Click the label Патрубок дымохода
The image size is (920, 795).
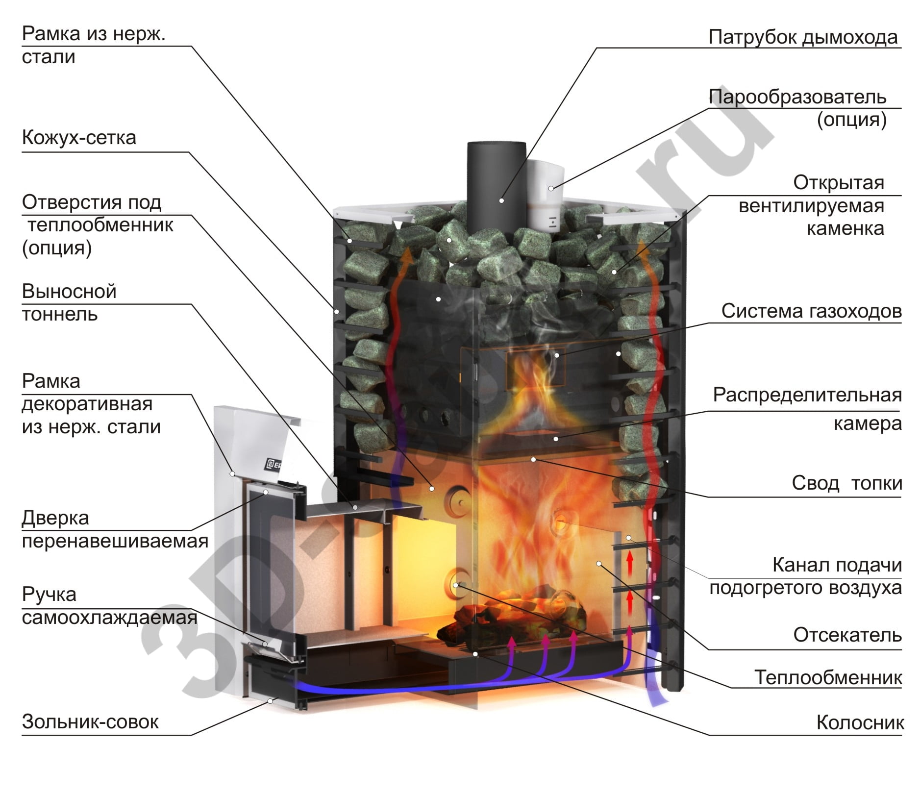802,37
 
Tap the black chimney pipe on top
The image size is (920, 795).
496,181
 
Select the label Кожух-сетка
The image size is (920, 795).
79,138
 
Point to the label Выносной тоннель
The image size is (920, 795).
69,302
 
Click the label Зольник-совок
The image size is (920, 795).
90,722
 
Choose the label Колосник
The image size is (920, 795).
860,723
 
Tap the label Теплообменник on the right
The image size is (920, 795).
828,677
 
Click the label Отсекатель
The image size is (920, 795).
847,635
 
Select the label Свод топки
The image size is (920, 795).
846,483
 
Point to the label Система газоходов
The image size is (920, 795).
811,311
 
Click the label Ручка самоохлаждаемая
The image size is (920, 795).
109,606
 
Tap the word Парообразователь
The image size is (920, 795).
797,97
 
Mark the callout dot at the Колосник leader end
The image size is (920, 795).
475,654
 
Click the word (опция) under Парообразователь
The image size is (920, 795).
851,120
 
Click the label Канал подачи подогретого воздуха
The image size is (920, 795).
805,576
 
